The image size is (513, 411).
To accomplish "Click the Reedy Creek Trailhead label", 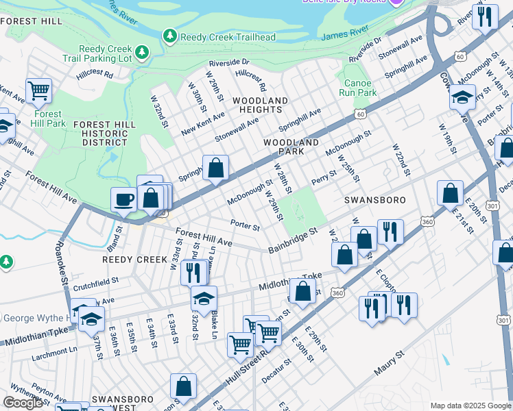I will pyautogui.click(x=228, y=36).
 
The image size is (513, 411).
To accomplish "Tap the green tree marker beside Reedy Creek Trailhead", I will pyautogui.click(x=169, y=35).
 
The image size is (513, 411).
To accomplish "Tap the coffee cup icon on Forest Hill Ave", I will pyautogui.click(x=123, y=199).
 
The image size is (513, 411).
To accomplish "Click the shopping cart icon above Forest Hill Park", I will pyautogui.click(x=39, y=90).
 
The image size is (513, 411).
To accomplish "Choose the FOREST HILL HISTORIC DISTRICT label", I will pyautogui.click(x=105, y=133).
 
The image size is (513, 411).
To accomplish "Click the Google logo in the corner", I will pyautogui.click(x=23, y=403).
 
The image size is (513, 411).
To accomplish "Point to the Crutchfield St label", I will pyautogui.click(x=96, y=281).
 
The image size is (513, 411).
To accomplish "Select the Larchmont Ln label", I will pyautogui.click(x=54, y=353).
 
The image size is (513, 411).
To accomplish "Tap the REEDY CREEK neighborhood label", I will pyautogui.click(x=134, y=260).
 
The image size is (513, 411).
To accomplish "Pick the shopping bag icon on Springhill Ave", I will pyautogui.click(x=215, y=169).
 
